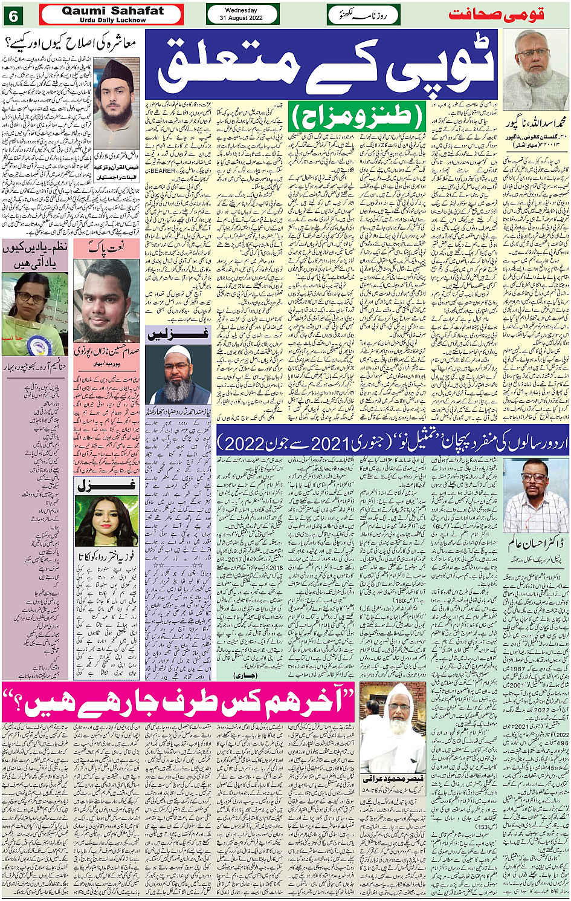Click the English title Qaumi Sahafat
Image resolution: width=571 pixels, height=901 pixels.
point(112,11)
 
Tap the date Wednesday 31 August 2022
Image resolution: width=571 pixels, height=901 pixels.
point(241,15)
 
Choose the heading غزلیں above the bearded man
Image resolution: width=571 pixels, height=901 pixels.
point(178,335)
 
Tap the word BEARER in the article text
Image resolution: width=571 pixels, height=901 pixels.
point(163,171)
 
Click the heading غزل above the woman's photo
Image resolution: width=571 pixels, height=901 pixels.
point(106,485)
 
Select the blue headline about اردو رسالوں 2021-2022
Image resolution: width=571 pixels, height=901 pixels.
point(393,443)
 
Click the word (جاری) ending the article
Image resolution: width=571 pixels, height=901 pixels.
point(247,674)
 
